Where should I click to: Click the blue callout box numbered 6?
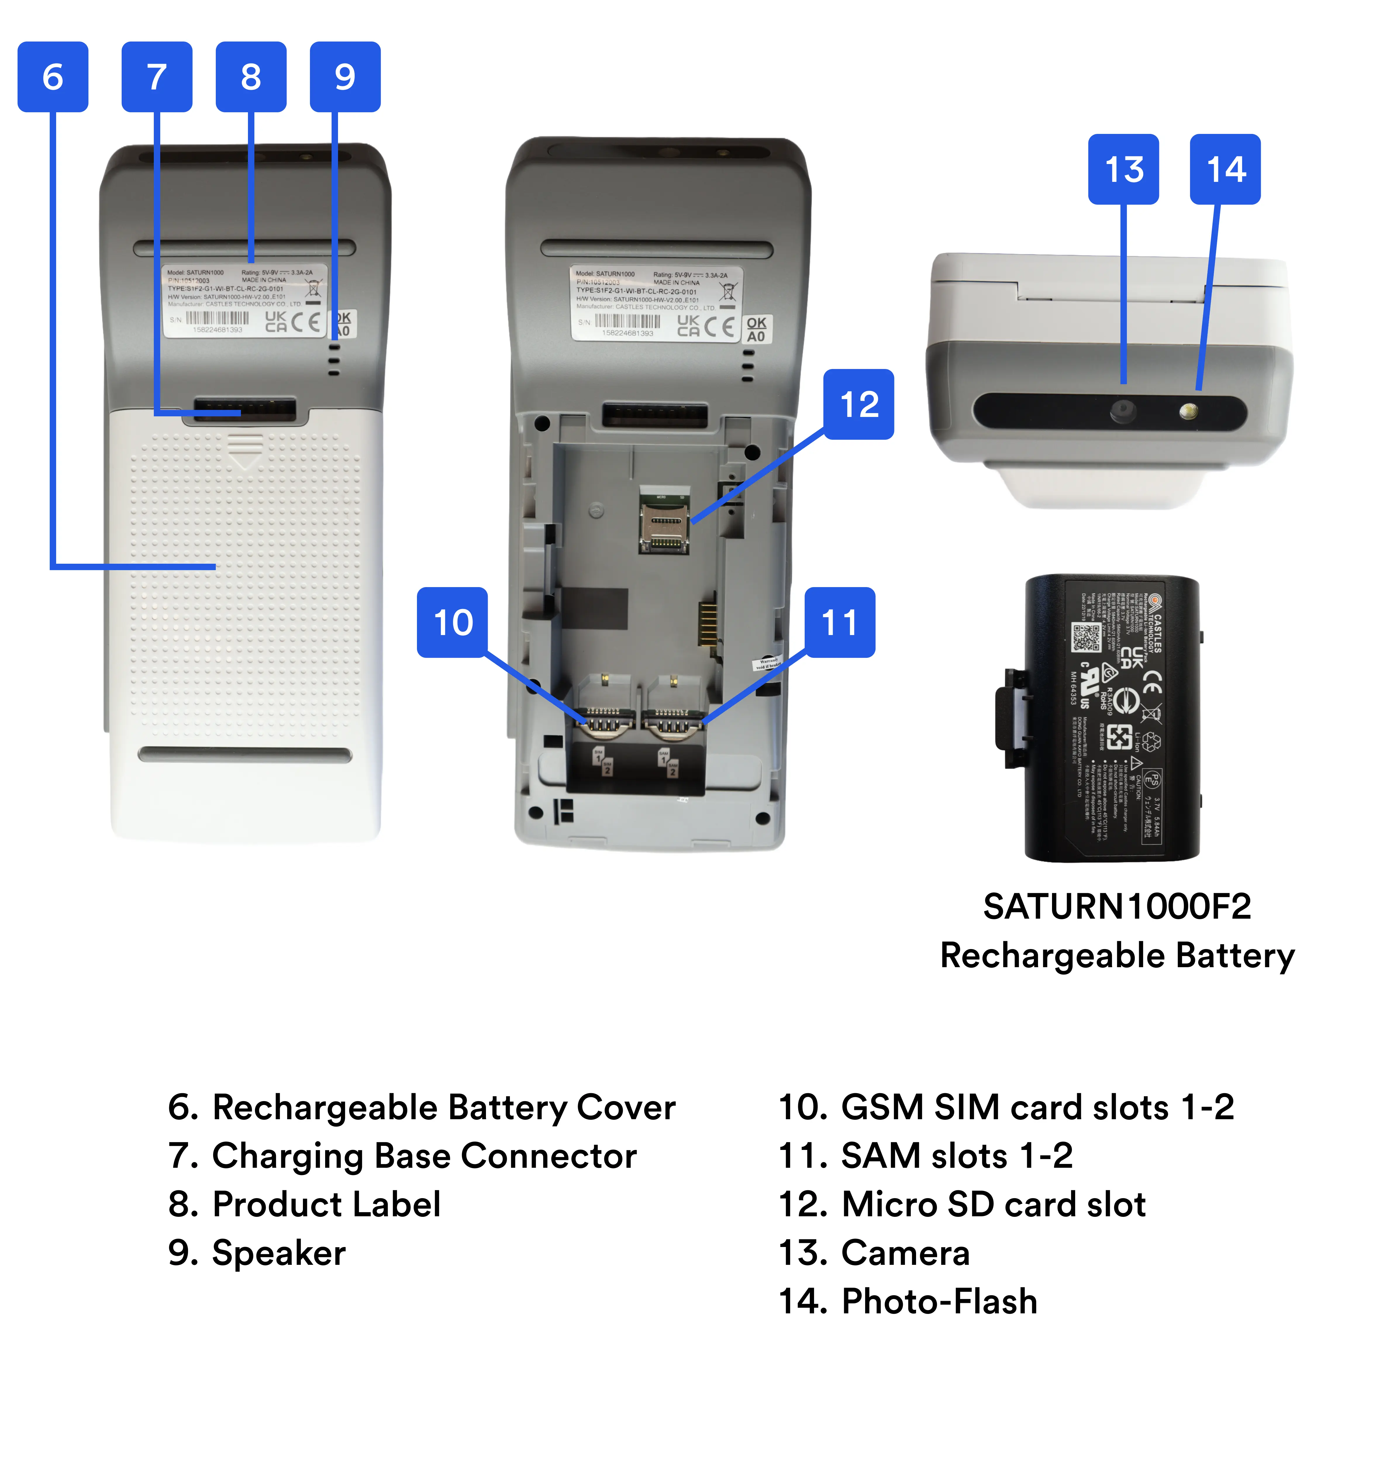53,77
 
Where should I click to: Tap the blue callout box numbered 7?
156,77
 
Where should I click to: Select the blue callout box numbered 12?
858,405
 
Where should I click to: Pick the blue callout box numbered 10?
452,622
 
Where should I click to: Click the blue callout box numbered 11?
840,622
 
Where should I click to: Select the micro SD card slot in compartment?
665,522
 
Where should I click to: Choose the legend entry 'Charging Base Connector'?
424,1156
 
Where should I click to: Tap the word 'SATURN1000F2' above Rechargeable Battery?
1117,906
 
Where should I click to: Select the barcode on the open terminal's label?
627,322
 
